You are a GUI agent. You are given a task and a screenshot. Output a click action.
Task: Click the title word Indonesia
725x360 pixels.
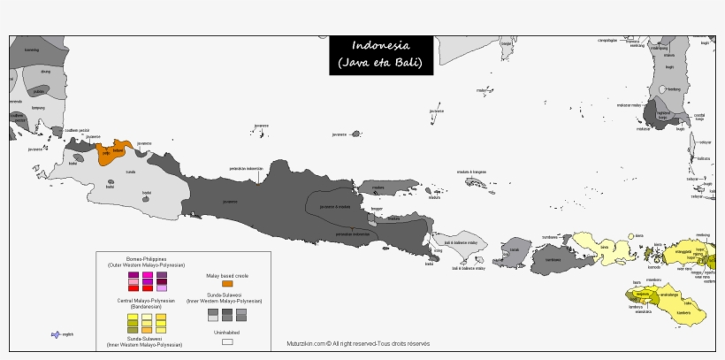tap(380, 45)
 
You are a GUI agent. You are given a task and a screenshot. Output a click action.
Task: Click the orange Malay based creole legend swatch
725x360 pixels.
tap(227, 283)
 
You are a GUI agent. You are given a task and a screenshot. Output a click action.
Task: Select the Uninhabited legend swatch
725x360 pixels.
tap(227, 341)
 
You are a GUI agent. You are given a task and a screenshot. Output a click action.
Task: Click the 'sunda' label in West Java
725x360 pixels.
tap(131, 172)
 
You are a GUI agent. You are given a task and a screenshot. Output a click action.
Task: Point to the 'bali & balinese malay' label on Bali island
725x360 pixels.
tap(460, 241)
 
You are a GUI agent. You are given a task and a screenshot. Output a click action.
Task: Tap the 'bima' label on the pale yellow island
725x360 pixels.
tap(605, 247)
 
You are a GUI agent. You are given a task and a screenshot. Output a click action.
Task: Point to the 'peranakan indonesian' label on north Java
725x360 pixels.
tap(247, 168)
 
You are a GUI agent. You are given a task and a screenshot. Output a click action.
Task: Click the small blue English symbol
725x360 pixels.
tap(57, 334)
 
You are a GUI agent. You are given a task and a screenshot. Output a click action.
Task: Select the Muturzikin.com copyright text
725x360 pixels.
tap(358, 343)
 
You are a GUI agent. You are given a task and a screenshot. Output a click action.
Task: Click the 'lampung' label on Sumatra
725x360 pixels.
tap(38, 108)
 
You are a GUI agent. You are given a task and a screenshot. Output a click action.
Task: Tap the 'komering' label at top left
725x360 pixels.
tap(32, 50)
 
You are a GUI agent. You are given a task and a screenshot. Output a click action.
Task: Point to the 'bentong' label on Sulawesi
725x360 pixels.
tap(674, 89)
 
